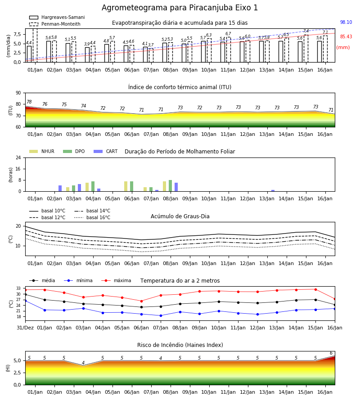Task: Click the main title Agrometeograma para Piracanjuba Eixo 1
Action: (x=180, y=8)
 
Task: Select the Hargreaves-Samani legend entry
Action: (x=57, y=17)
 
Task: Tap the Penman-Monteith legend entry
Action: (x=55, y=24)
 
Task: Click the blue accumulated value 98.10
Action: (x=346, y=22)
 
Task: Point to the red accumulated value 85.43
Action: (x=346, y=37)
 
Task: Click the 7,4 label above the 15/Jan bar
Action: (x=306, y=31)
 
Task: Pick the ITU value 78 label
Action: (x=29, y=102)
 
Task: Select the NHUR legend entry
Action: (x=42, y=151)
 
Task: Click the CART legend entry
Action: (x=105, y=151)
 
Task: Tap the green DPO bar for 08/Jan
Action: (x=170, y=186)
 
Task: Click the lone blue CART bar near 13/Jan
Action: (x=273, y=191)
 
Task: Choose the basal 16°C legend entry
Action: (x=92, y=217)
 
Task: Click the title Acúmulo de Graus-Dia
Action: (x=180, y=216)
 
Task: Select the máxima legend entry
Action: (x=116, y=280)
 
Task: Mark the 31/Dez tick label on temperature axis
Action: (x=25, y=328)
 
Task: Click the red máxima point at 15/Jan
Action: (x=315, y=289)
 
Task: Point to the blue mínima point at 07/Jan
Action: (x=161, y=315)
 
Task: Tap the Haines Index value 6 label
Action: (x=331, y=353)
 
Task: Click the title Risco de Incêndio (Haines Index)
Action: (x=180, y=345)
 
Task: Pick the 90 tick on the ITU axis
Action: (x=18, y=93)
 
